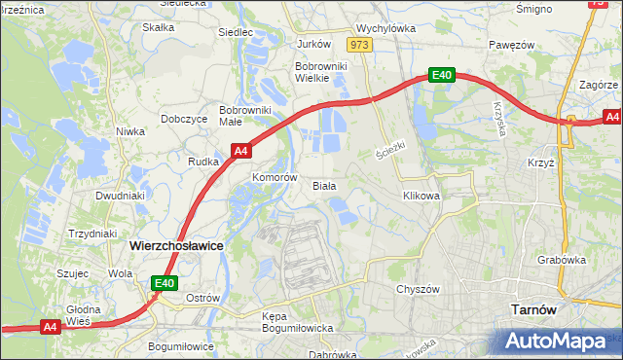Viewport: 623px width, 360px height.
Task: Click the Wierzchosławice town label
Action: coord(176,247)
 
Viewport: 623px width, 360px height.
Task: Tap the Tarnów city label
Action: coord(533,309)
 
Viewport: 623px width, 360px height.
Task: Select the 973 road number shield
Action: coord(359,45)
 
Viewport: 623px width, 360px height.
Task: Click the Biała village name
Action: coord(324,185)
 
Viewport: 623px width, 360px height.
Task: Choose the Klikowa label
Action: coord(421,196)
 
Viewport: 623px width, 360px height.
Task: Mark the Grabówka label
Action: coord(561,260)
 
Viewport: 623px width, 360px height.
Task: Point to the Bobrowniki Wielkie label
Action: coord(315,73)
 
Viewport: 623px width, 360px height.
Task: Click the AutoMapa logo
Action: coord(561,342)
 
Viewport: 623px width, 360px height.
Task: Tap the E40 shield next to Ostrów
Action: coord(164,283)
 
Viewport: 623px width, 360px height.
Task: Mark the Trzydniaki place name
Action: coord(93,234)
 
